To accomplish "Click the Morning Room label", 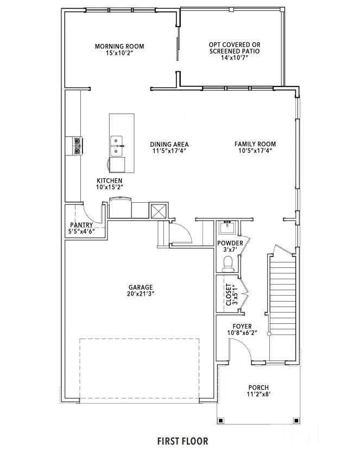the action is pyautogui.click(x=119, y=46).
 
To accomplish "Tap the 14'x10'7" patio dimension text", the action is pyautogui.click(x=234, y=58).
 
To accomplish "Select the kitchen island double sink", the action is pyautogui.click(x=116, y=146).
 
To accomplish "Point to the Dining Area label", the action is pyautogui.click(x=169, y=145).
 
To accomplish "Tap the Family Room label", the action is pyautogui.click(x=255, y=144).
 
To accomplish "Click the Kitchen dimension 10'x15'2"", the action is pyautogui.click(x=110, y=187).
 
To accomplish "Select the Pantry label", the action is pyautogui.click(x=81, y=225).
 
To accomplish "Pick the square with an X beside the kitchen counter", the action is pyautogui.click(x=159, y=211).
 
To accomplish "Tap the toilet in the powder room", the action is pyautogui.click(x=228, y=264).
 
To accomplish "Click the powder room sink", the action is pyautogui.click(x=228, y=227).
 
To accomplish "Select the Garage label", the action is pyautogui.click(x=141, y=287).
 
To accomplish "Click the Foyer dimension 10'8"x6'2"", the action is pyautogui.click(x=242, y=333).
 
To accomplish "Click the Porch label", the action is pyautogui.click(x=258, y=387).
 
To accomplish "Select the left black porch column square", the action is pyautogui.click(x=220, y=421).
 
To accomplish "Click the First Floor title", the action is pyautogui.click(x=182, y=441).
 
